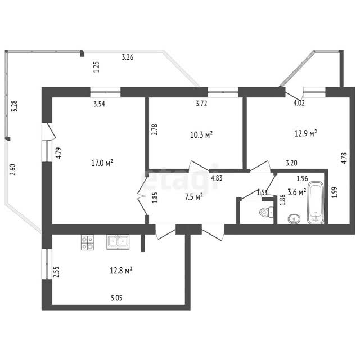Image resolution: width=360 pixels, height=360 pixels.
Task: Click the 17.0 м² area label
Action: coord(102,163)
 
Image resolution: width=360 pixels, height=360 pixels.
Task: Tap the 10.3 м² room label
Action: coord(201,134)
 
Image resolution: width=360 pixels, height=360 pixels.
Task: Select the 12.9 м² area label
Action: coord(306,133)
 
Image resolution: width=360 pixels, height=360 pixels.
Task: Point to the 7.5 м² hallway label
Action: coord(193,197)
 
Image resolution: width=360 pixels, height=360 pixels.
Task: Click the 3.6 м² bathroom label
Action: coord(296,192)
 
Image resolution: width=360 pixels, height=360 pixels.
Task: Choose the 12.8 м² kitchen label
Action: coord(121,271)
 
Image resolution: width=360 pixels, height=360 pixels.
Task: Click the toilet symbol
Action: coord(267,211)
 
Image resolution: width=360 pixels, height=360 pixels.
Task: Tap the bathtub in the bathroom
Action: coord(316,202)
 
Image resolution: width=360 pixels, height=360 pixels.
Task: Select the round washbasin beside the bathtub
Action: coord(294,219)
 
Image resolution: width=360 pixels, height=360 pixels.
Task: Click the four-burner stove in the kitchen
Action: coord(87,242)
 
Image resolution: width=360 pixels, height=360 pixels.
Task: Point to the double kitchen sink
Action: coord(118,242)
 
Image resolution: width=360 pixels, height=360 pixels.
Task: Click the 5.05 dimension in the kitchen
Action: coord(116,298)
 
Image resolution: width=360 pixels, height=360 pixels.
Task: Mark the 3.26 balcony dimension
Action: coord(128,57)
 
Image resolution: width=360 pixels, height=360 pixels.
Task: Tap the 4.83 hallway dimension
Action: coord(217,178)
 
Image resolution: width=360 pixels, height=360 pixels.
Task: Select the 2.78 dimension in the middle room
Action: coord(155,129)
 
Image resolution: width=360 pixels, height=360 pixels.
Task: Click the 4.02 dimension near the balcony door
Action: coord(299,103)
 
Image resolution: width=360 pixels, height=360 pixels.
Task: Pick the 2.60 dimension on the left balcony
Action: coord(12,169)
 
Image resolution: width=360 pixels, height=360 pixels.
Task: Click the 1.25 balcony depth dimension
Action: coord(96,67)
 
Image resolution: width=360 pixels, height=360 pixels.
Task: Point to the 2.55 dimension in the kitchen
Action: coord(56,272)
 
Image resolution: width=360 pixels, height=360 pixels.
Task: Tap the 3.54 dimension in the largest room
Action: coord(100,103)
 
